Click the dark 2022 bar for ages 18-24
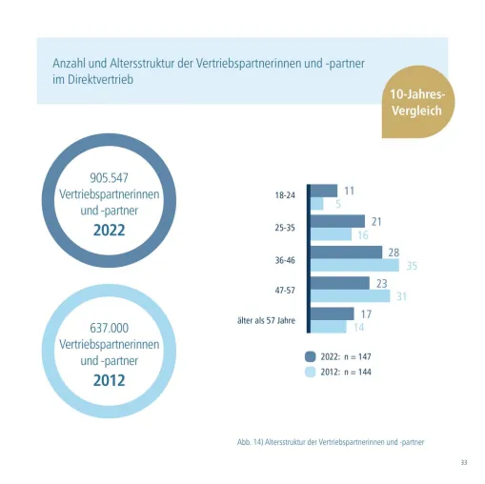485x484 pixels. (x=324, y=191)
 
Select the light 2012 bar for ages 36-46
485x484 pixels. (x=354, y=265)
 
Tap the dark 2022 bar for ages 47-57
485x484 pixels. (x=340, y=283)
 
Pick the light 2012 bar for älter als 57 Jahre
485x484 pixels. (x=328, y=327)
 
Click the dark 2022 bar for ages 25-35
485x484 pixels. (x=337, y=221)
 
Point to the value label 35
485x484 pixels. (x=412, y=266)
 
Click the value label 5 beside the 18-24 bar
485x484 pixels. (x=338, y=204)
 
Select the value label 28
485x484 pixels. (x=394, y=252)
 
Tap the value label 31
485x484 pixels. (x=401, y=296)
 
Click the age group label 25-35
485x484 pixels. (x=285, y=228)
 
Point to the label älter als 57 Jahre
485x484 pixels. (x=266, y=320)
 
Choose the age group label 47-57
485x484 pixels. (x=285, y=291)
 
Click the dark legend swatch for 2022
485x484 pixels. (x=311, y=356)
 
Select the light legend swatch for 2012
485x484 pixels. (x=311, y=372)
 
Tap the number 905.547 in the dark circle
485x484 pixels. (x=109, y=178)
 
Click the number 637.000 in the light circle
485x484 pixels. (x=109, y=328)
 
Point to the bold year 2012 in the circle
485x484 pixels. (x=109, y=380)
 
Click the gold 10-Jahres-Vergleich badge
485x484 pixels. (x=417, y=102)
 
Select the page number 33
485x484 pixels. (x=464, y=462)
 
